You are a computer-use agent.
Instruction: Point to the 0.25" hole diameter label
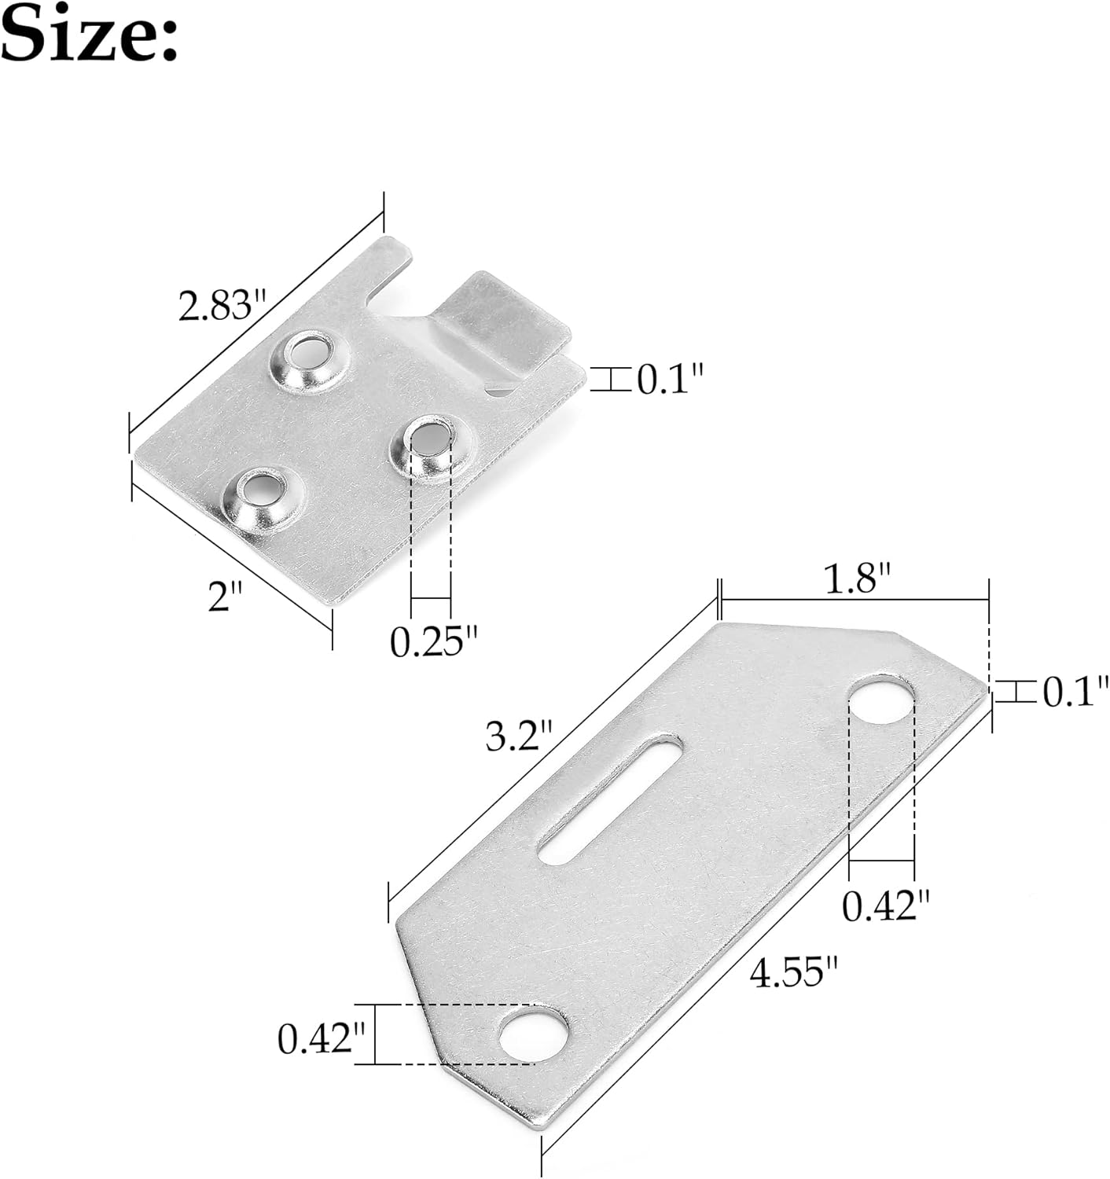pos(434,641)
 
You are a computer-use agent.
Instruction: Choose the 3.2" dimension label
pos(519,737)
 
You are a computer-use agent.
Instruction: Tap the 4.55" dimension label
pos(793,972)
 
